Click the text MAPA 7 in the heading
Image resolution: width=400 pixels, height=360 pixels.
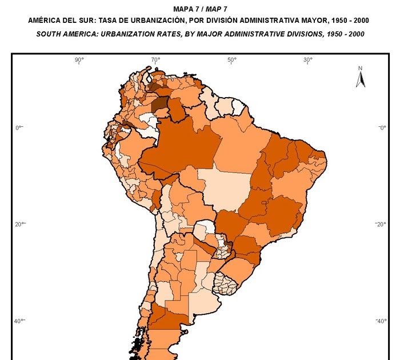point(185,9)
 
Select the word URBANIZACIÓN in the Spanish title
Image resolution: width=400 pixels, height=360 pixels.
point(149,21)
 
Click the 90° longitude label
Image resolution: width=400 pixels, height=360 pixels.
point(79,60)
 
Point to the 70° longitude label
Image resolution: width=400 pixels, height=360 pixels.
point(155,60)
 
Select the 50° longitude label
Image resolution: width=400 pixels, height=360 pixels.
point(231,60)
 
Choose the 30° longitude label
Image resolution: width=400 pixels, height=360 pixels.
point(307,60)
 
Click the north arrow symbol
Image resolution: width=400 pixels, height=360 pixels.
point(361,80)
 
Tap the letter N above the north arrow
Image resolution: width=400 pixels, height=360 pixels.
point(361,69)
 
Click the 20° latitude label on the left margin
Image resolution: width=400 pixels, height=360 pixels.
point(18,224)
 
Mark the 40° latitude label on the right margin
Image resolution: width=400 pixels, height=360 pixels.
point(381,321)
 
